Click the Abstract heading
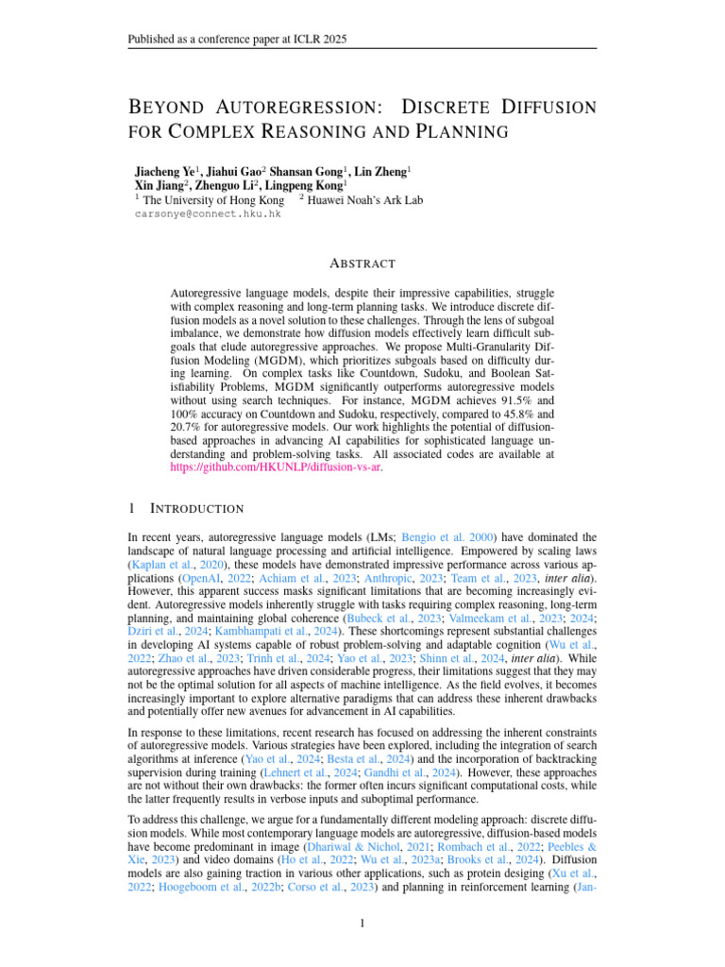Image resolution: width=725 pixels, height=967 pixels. (x=362, y=263)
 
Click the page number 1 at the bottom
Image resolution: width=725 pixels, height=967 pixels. (x=362, y=923)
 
